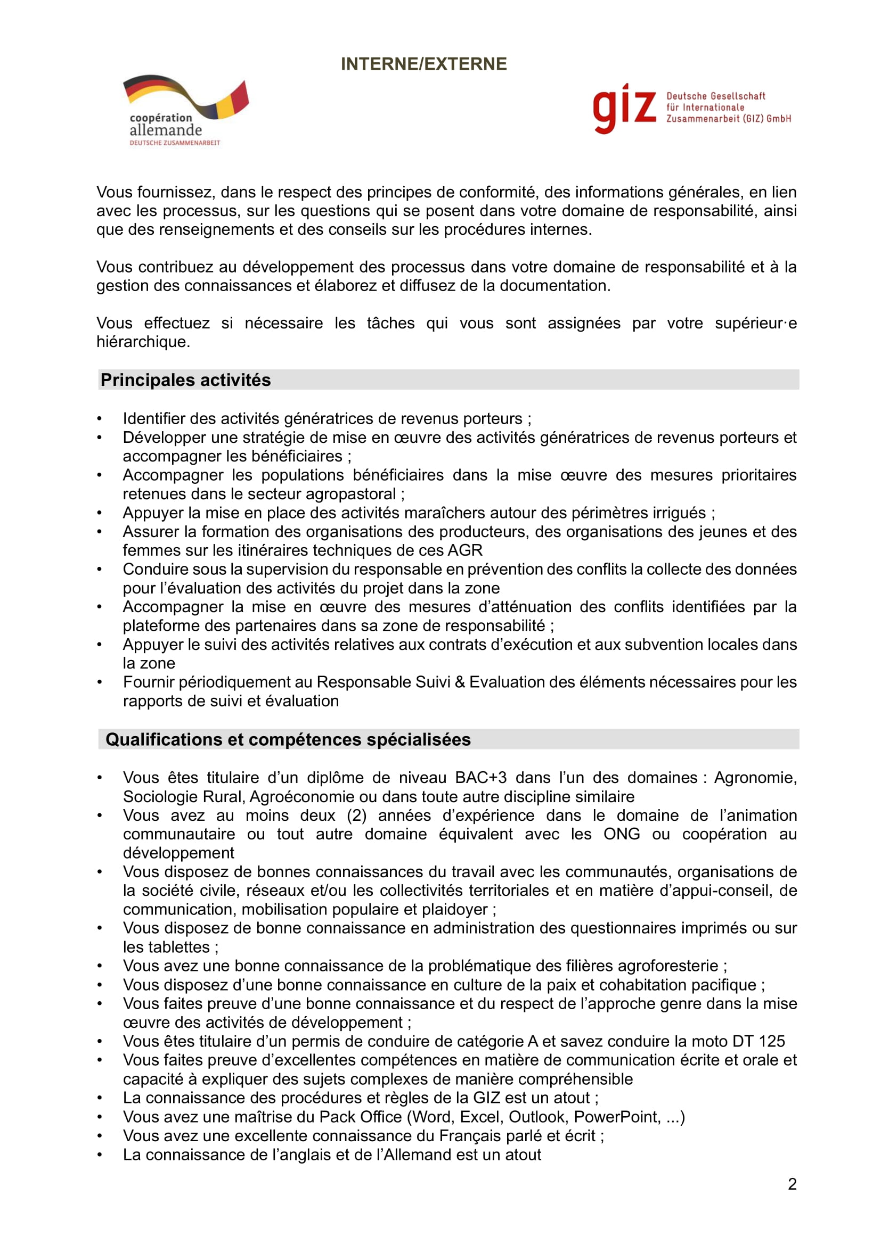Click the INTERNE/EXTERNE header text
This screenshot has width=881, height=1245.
[423, 64]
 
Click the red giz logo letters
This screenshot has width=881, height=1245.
[624, 108]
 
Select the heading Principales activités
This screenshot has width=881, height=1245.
[185, 380]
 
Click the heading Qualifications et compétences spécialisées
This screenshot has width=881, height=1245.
[288, 740]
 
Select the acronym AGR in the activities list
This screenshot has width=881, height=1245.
[465, 550]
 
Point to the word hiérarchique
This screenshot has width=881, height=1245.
[143, 342]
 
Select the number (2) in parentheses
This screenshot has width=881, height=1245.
[356, 815]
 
